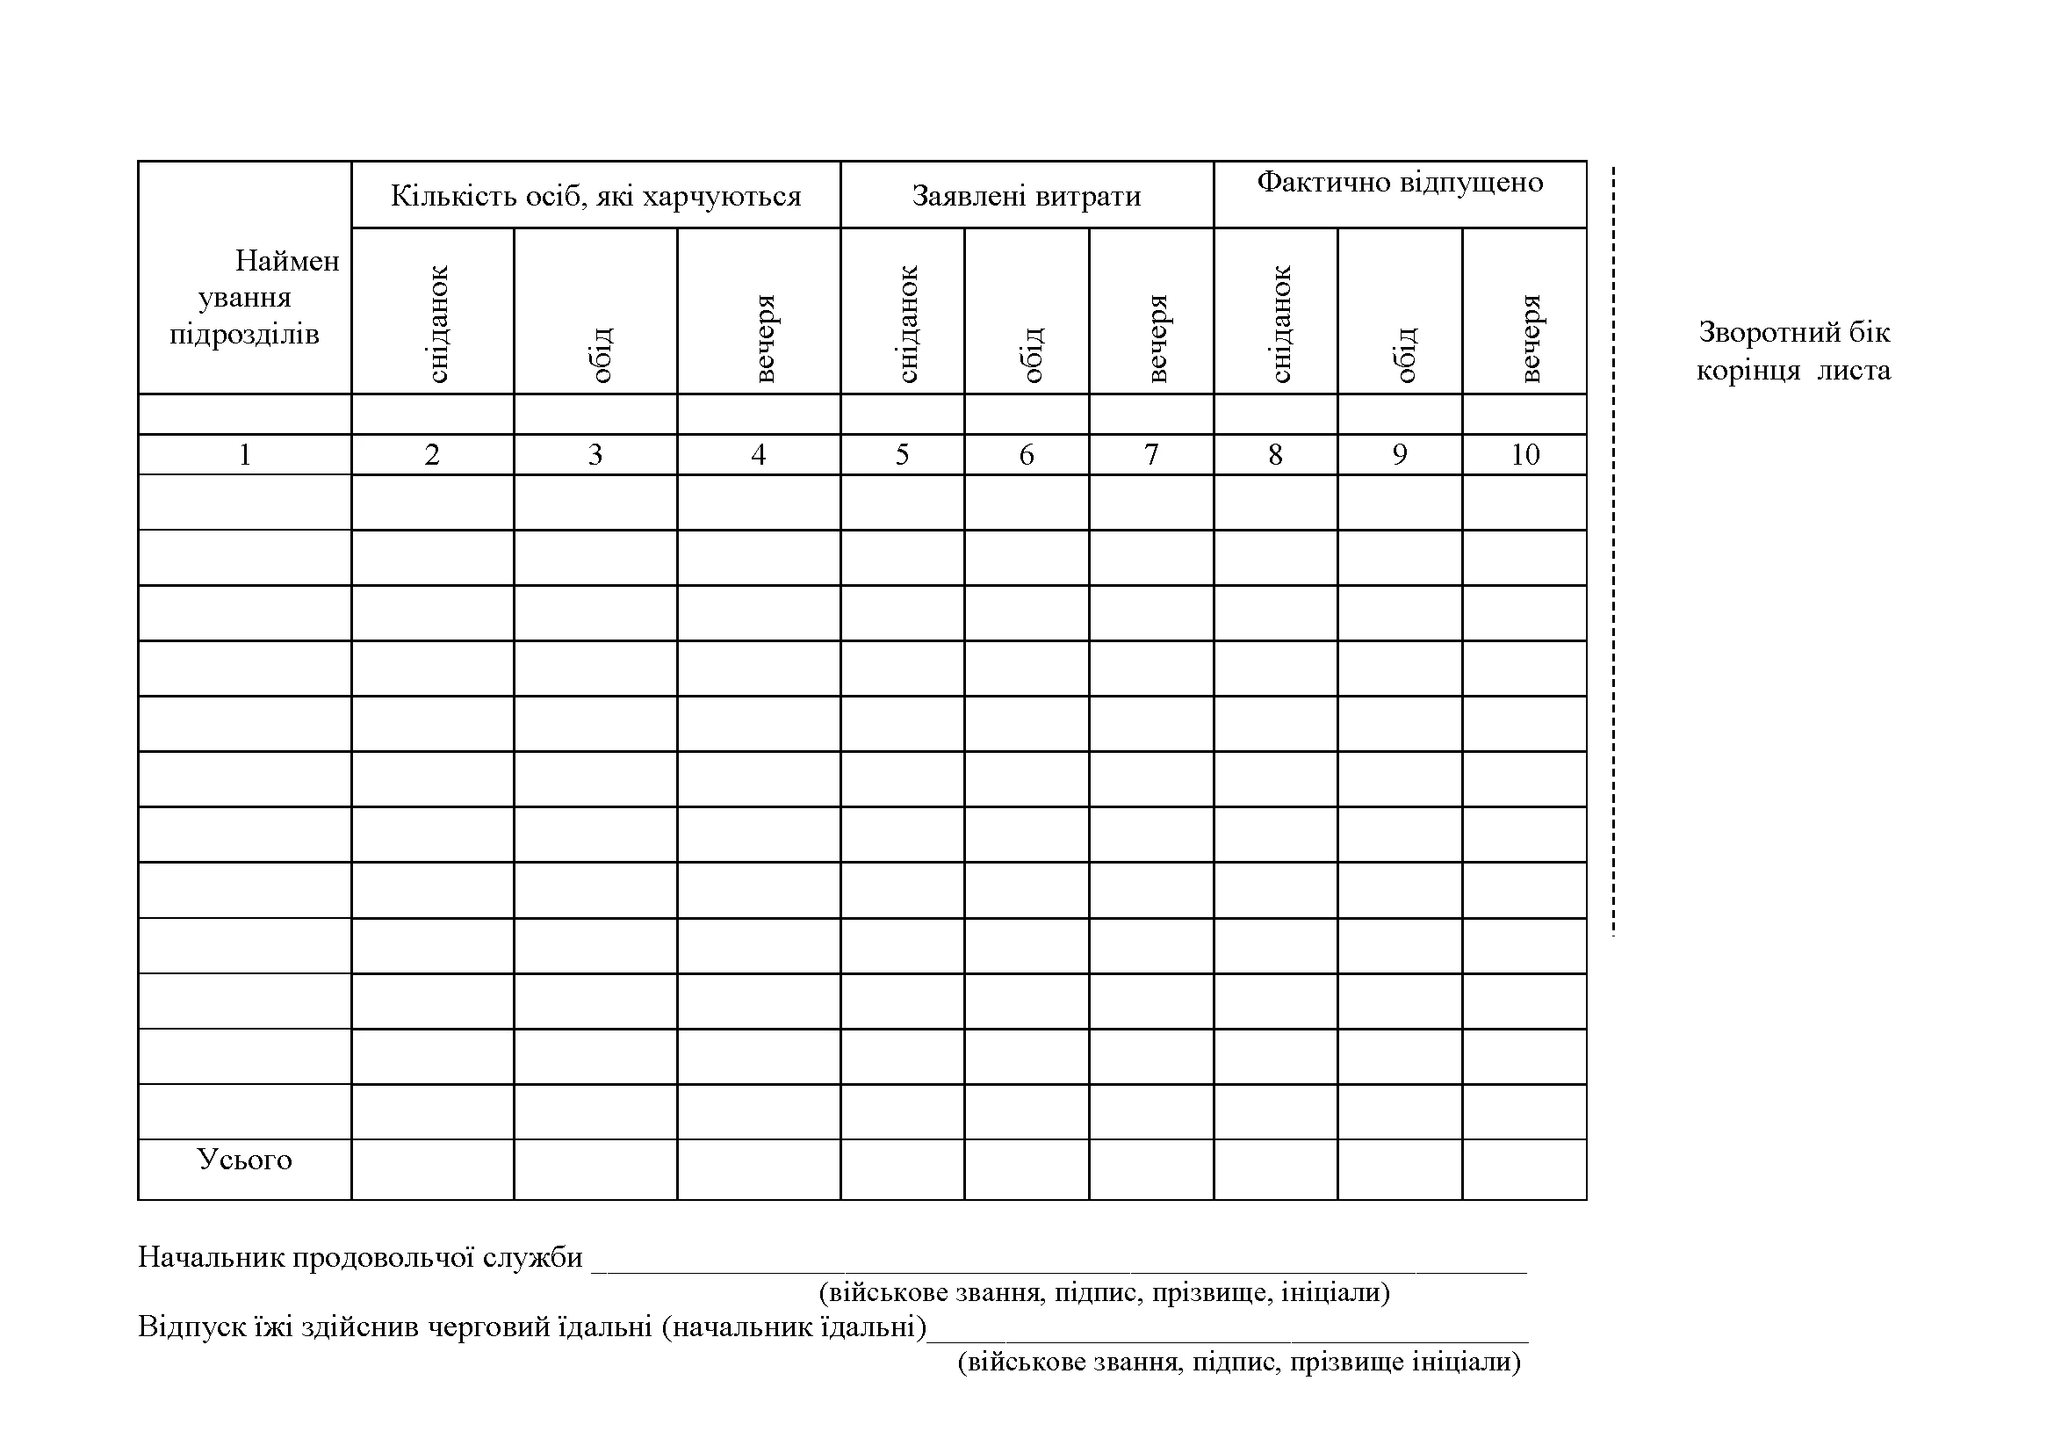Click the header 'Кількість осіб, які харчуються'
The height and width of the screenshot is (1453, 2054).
[595, 196]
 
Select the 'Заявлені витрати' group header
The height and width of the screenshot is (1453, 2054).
[1026, 196]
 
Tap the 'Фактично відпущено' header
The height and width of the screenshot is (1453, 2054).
[1400, 183]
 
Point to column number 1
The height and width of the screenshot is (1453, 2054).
[244, 455]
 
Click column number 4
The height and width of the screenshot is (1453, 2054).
[758, 455]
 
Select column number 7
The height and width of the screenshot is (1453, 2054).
[1151, 455]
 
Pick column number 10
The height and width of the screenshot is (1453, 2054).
[1524, 455]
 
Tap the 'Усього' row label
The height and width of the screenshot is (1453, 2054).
[244, 1160]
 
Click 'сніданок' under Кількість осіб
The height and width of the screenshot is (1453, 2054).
[437, 324]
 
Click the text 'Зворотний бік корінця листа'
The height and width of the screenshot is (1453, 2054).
[1794, 351]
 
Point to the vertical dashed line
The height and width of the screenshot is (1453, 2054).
[1613, 551]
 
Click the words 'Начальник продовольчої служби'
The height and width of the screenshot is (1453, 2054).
[360, 1258]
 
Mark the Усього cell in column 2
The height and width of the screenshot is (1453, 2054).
[432, 1169]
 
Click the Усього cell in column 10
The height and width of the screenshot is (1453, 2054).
[1524, 1169]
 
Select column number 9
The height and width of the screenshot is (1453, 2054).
[1400, 455]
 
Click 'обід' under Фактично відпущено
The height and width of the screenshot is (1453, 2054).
[1405, 354]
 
